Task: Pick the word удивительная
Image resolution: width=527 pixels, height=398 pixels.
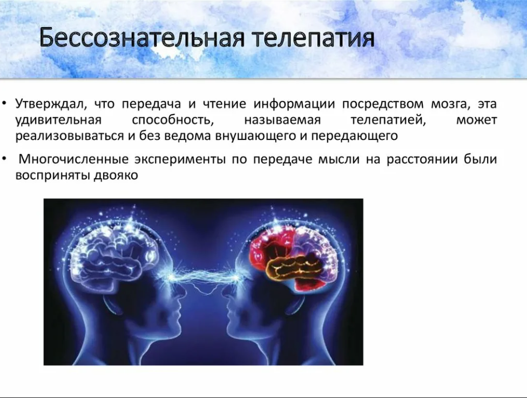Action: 58,120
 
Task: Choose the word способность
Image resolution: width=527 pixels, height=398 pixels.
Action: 173,120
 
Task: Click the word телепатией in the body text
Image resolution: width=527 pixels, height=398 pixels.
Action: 388,120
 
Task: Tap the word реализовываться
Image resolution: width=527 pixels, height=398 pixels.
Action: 69,137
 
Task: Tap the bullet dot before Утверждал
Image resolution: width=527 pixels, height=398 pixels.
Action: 4,103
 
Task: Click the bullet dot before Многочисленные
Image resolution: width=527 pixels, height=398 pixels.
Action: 4,158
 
